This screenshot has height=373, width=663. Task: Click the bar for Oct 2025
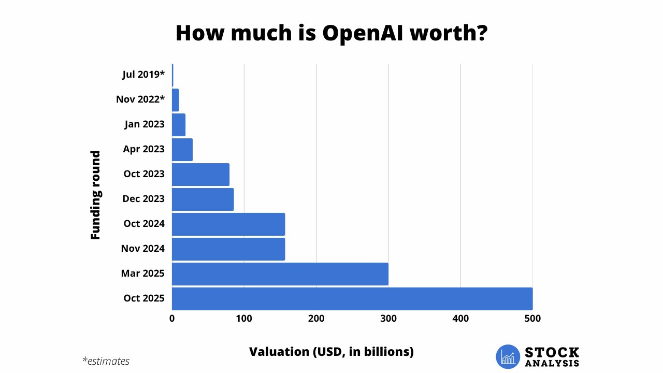tap(352, 298)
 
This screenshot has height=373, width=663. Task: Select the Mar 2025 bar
tap(280, 274)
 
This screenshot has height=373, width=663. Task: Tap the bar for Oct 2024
tap(228, 224)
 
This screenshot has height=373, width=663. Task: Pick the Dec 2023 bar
tap(203, 199)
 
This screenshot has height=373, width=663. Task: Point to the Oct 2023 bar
tap(200, 175)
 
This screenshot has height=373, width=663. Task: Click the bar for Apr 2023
tap(182, 150)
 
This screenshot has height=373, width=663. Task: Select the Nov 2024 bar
tap(228, 249)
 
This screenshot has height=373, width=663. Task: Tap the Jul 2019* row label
tap(143, 75)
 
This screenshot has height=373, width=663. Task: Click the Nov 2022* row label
tap(140, 99)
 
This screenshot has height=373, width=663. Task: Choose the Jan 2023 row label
tap(145, 124)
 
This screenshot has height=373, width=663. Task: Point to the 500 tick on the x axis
tap(532, 319)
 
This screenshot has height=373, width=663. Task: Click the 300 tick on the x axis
tap(388, 319)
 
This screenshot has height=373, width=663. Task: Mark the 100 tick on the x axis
tap(244, 319)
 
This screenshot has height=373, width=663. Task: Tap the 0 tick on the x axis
tap(172, 319)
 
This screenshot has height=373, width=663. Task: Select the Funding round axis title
tap(95, 195)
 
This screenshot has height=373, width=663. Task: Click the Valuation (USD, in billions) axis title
tap(331, 352)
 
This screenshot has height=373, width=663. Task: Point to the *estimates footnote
tap(106, 361)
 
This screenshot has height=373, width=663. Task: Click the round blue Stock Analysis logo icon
tap(508, 357)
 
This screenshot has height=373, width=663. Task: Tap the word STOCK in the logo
tap(552, 352)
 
